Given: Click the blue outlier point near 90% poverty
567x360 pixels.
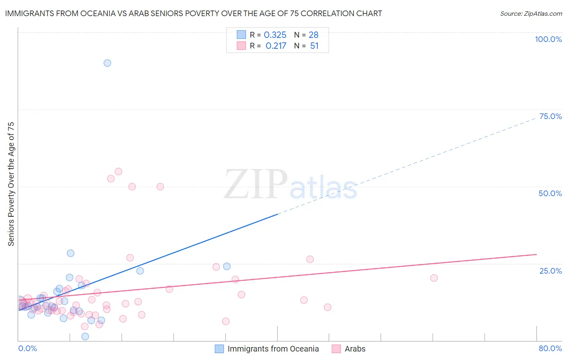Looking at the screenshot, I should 107,63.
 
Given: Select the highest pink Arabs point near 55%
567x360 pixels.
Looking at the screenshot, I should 118,172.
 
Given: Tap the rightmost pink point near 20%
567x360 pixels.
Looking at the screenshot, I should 434,278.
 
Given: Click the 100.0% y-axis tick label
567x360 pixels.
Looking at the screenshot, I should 548,39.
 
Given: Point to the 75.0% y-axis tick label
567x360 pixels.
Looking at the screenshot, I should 550,116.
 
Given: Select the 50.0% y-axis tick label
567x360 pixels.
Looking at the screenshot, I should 550,193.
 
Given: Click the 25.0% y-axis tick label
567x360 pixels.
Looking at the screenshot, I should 550,271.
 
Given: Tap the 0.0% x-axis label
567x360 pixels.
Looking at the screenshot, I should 27,348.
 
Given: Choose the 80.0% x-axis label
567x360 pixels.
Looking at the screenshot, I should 550,348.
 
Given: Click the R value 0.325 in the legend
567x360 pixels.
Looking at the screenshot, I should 275,35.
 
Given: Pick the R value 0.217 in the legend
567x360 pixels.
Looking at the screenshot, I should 276,46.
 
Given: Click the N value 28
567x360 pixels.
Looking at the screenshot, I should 314,35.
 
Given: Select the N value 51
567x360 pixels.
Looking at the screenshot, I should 314,46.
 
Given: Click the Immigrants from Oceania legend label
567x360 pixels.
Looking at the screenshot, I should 273,349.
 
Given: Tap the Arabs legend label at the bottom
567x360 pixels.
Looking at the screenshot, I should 355,349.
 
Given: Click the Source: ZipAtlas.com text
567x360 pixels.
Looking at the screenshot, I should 531,14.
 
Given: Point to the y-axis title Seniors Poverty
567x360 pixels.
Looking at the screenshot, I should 11,184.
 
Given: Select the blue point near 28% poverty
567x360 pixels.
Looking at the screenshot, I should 71,253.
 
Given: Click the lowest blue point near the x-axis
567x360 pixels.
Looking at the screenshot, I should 85,337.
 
